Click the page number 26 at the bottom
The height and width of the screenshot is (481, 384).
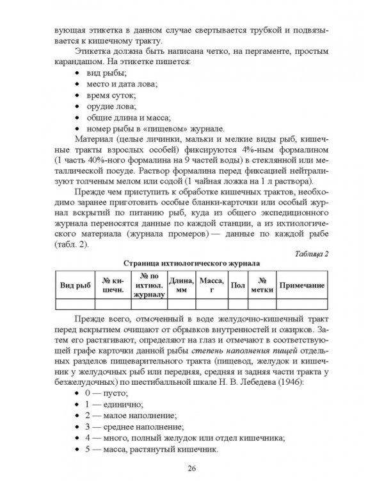(x=191, y=466)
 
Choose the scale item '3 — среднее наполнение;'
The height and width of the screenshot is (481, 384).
(x=136, y=426)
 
